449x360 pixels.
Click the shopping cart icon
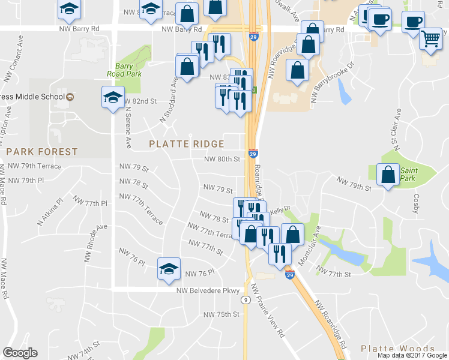430,39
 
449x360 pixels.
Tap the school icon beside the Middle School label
112,97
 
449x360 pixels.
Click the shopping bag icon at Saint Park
388,175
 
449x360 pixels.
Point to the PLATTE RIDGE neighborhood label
186,144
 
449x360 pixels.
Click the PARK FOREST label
42,152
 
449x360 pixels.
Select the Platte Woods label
398,349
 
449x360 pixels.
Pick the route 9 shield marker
246,299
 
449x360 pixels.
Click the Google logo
20,353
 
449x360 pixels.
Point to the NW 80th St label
222,159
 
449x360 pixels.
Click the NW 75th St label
221,314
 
